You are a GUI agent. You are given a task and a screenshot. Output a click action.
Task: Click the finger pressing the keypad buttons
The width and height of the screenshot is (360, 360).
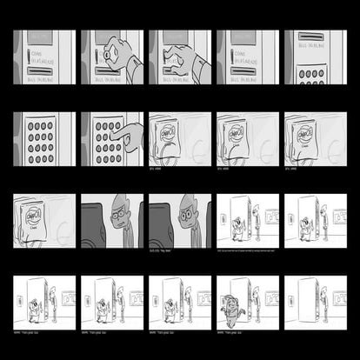pos(128,135)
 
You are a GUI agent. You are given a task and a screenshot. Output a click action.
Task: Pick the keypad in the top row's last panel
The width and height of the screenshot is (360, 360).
pos(310,74)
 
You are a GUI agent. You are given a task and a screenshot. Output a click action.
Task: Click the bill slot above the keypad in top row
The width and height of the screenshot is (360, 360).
pos(310,38)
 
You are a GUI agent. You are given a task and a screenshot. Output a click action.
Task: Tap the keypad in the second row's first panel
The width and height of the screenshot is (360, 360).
pos(40,137)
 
